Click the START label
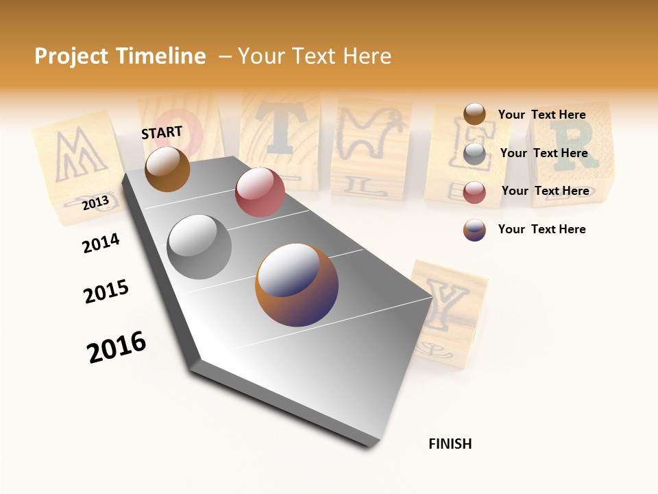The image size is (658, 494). click(162, 132)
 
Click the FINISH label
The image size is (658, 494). click(450, 444)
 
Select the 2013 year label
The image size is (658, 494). click(95, 202)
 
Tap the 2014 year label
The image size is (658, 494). click(101, 243)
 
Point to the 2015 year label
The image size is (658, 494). click(106, 292)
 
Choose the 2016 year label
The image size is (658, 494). click(117, 346)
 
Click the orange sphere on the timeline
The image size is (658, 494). click(167, 169)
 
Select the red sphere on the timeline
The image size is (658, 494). click(260, 192)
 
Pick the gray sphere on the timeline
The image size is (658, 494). click(199, 246)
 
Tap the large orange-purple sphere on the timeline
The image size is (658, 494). click(297, 285)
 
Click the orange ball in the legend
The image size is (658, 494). click(474, 115)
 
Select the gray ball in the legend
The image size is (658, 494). click(474, 154)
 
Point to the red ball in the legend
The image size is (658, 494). click(474, 191)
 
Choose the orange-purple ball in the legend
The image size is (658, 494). click(474, 230)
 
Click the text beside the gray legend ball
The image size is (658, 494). click(544, 153)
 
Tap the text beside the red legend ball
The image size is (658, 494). click(545, 191)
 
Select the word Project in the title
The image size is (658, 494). click(72, 56)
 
